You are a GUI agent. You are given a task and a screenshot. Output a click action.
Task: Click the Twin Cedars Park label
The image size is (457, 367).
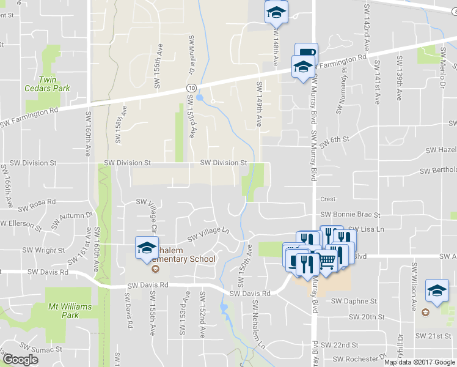coord(54,84)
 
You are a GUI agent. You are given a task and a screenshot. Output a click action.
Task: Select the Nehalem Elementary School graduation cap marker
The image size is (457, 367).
coord(147,248)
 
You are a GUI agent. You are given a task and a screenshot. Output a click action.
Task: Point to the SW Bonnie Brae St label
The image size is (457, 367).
coord(350,215)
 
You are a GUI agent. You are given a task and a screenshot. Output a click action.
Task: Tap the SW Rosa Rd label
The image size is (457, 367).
coord(37,201)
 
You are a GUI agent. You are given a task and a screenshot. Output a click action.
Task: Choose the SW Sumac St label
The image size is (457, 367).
coord(37,347)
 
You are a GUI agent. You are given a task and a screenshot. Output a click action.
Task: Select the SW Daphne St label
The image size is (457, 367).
coord(354,301)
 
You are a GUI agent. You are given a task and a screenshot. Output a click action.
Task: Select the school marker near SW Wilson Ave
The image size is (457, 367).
coord(436,291)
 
